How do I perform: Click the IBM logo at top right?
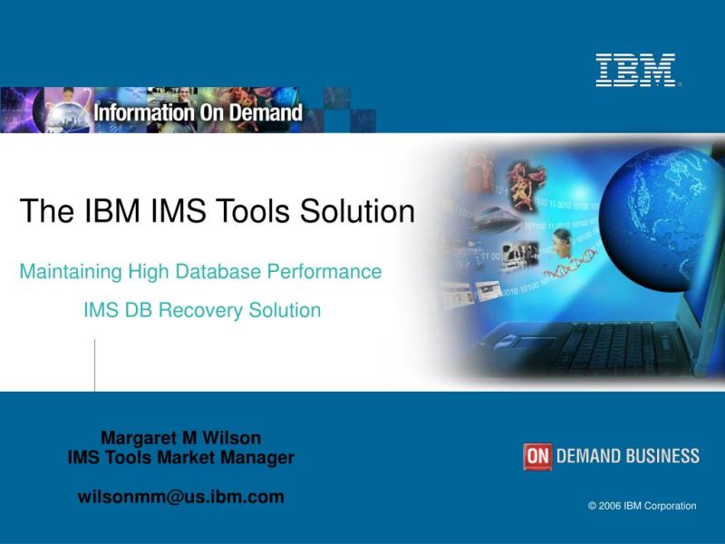coord(635,70)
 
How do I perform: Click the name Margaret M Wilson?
coord(180,438)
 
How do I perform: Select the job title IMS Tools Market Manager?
coord(180,458)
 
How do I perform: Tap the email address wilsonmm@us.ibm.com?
coord(180,497)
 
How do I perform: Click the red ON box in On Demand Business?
coord(537,456)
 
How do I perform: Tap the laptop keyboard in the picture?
coord(598,345)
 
